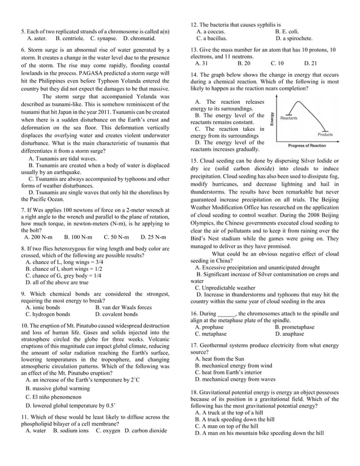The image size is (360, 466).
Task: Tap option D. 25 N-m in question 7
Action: (x=153, y=237)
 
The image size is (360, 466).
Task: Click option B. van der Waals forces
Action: (x=124, y=307)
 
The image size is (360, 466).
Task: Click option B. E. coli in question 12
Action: (x=287, y=32)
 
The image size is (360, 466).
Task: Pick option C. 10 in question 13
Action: (x=277, y=64)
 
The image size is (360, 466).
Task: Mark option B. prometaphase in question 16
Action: (x=295, y=327)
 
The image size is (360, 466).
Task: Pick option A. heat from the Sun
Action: (x=219, y=358)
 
